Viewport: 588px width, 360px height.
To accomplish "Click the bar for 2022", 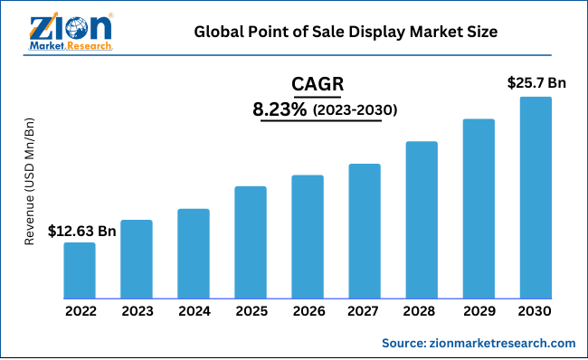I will [80, 270].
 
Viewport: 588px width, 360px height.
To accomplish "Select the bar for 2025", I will [251, 242].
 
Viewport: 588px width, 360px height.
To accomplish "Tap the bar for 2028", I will [422, 220].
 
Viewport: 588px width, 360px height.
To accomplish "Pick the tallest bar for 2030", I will [536, 197].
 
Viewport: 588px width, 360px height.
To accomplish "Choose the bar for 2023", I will [137, 259].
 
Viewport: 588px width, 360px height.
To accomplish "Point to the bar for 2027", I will [365, 231].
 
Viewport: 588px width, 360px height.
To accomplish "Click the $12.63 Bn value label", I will [82, 232].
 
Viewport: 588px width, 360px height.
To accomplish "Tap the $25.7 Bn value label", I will [536, 83].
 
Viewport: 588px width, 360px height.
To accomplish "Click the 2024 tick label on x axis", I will [194, 311].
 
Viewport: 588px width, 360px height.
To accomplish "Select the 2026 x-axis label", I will [308, 311].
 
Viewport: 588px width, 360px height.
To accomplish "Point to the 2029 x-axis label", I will [479, 311].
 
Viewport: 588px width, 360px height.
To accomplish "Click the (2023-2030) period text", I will [356, 110].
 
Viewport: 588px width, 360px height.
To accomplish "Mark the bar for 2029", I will [479, 208].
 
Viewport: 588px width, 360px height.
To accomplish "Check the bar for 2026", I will [308, 236].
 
